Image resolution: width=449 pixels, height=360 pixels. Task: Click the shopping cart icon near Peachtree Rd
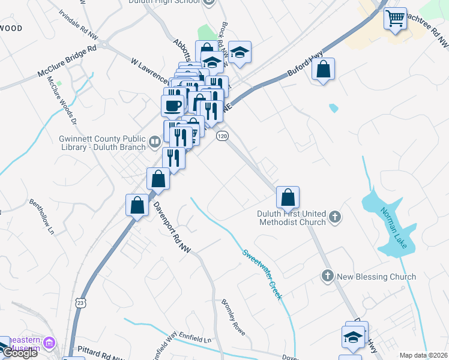(395, 19)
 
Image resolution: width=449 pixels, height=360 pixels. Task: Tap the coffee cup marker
(173, 106)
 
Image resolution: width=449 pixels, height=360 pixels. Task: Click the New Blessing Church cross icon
(327, 276)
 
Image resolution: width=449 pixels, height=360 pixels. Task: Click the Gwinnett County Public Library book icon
(155, 142)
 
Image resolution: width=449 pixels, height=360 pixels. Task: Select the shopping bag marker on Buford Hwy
(323, 70)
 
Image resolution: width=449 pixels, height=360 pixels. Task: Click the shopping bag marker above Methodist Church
(288, 197)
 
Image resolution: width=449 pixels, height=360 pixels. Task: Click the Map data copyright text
(424, 355)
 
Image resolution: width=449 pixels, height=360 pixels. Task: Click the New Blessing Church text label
(376, 277)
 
